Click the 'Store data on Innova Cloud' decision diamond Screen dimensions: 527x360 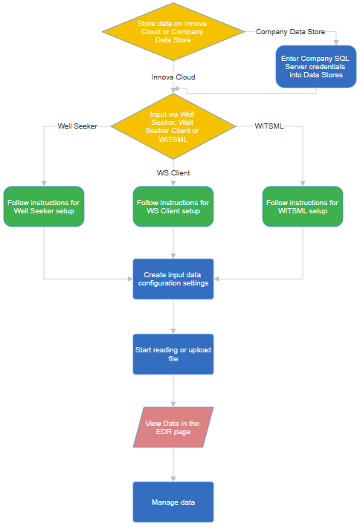[173, 32]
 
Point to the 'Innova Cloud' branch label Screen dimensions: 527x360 [173, 77]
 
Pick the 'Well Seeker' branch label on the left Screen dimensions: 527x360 [77, 126]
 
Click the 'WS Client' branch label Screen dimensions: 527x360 [173, 173]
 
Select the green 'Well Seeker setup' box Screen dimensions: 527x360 [44, 207]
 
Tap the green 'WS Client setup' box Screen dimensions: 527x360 [173, 207]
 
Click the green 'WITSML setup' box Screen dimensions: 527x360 [303, 207]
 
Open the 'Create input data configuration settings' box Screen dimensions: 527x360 [173, 279]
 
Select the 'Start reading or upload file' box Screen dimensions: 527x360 [173, 354]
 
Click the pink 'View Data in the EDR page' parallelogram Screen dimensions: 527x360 [173, 427]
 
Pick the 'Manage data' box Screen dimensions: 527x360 [173, 502]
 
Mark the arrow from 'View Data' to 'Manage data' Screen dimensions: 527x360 [173, 465]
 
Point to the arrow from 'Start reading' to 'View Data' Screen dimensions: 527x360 [173, 390]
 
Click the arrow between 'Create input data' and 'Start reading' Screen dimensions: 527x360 [173, 317]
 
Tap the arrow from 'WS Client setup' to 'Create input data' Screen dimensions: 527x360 [173, 242]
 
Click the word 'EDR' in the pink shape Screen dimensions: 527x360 [161, 433]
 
